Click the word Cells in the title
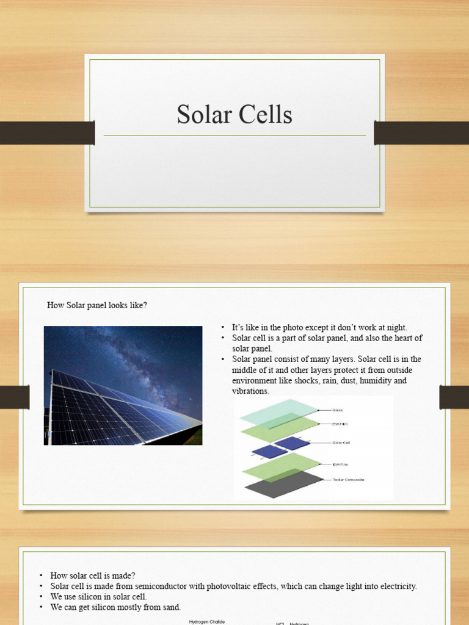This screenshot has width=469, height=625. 266,114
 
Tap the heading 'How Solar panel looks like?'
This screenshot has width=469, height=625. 97,305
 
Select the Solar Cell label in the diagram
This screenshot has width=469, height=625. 341,443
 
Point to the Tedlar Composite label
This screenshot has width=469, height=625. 348,480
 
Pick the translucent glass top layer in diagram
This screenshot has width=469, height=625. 278,410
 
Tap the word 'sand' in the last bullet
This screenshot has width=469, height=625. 173,607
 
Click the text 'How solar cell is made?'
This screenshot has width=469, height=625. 93,576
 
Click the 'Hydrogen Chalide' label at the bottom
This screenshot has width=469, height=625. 207,622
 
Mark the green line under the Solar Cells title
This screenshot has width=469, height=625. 234,135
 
